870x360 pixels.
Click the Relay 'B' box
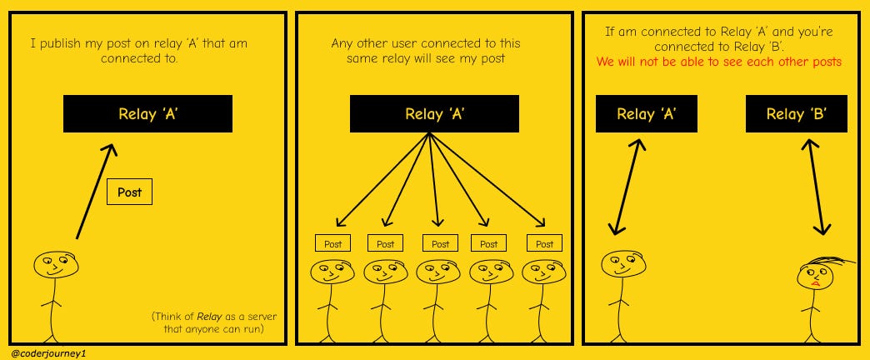click(796, 113)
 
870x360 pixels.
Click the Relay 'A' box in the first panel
click(147, 113)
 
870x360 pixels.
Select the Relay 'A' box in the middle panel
click(434, 113)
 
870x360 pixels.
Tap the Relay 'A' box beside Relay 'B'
click(647, 113)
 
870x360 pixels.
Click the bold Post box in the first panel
click(129, 192)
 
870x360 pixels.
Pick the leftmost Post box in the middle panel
click(332, 243)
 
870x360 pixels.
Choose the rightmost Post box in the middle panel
click(544, 243)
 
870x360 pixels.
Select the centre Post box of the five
click(440, 243)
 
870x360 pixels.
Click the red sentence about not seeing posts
click(719, 62)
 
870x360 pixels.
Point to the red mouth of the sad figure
click(815, 283)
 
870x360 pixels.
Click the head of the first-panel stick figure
click(56, 265)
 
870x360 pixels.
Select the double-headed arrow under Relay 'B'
click(814, 187)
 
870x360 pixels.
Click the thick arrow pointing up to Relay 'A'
click(96, 192)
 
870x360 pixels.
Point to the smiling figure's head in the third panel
click(623, 263)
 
